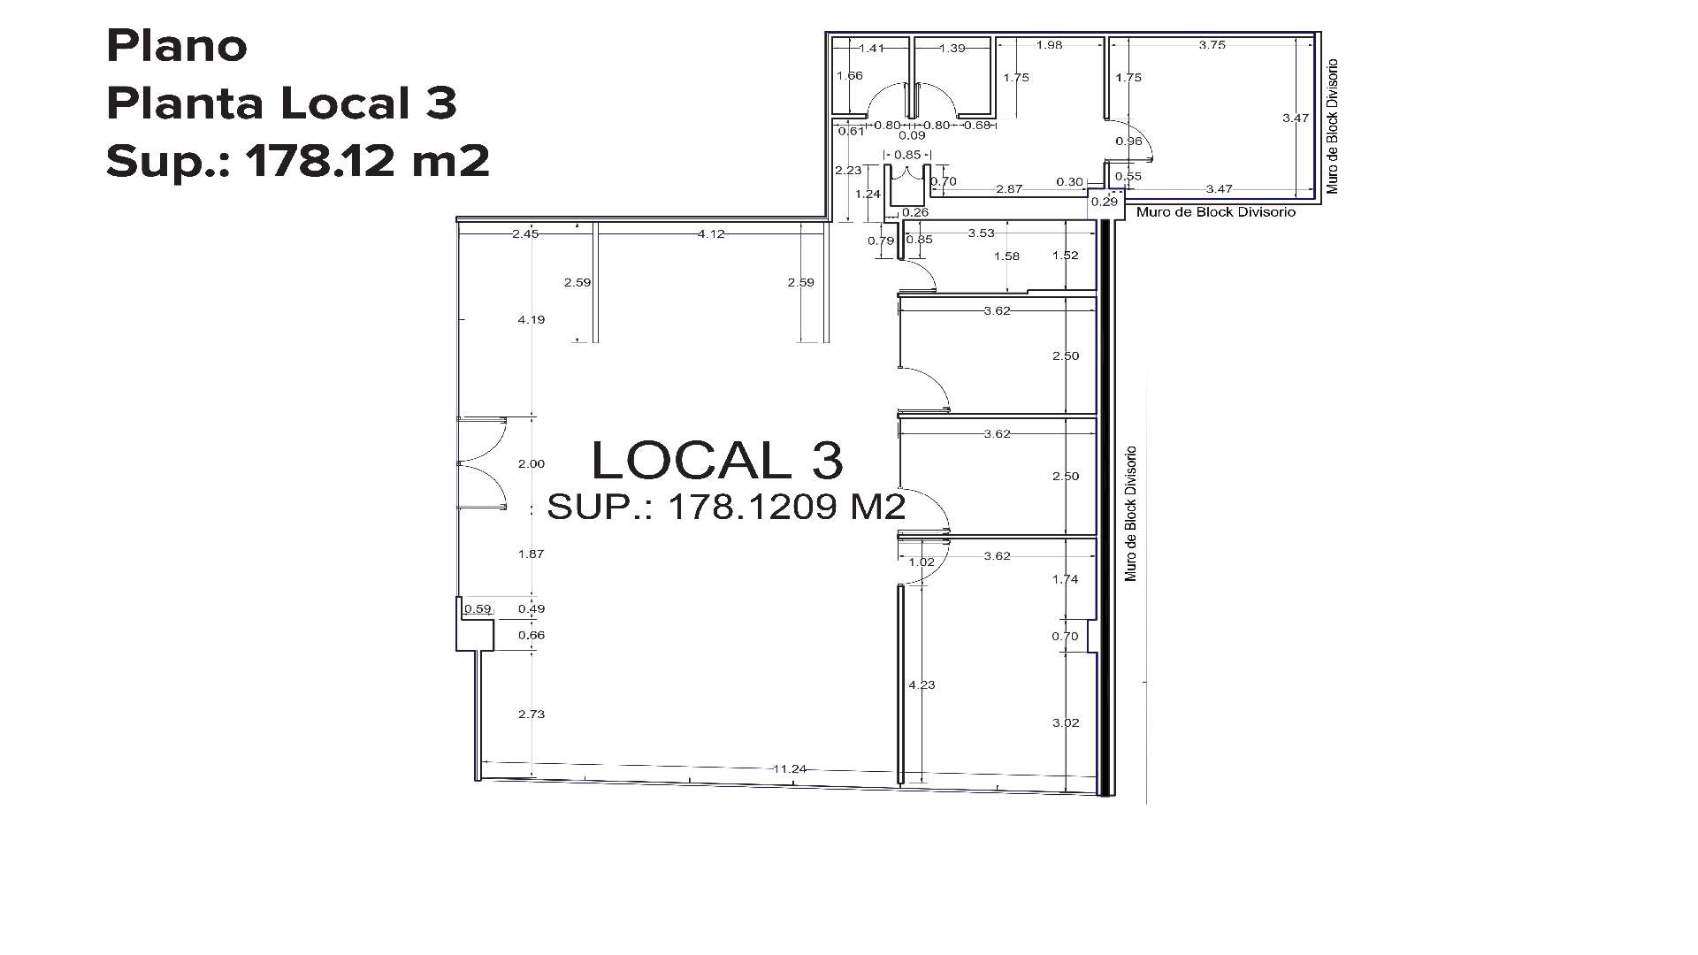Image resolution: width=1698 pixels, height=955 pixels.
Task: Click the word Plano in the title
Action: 176,46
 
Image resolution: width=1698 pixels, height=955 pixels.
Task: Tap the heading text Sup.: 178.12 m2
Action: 297,161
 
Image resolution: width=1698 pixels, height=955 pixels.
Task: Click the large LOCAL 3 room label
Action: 716,461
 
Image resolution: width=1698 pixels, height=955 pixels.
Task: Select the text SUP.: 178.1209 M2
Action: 726,507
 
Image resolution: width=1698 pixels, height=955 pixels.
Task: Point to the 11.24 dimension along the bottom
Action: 789,769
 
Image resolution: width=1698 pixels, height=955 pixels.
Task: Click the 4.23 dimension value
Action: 922,684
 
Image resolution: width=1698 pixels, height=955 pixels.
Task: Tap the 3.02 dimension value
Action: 1066,722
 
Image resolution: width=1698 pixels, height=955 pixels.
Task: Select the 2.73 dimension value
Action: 532,714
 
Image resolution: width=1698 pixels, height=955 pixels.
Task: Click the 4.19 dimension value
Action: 532,319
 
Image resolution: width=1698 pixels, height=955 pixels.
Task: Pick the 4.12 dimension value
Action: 711,233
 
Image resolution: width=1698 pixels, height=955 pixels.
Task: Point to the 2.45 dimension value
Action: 524,233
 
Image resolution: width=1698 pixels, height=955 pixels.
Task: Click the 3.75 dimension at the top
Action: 1212,45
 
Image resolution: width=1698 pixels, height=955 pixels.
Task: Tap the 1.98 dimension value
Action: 1049,45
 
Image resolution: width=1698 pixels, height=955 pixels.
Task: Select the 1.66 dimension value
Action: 849,76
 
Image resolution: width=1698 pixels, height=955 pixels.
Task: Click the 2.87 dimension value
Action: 1009,189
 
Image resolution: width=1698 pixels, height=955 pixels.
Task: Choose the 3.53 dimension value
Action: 981,233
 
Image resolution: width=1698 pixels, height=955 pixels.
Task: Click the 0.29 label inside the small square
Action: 1105,202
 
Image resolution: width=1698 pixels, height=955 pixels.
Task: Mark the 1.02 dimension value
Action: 922,562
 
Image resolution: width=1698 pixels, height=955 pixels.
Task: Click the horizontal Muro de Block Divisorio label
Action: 1216,212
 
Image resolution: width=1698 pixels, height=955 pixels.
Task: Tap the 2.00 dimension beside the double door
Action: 532,463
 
